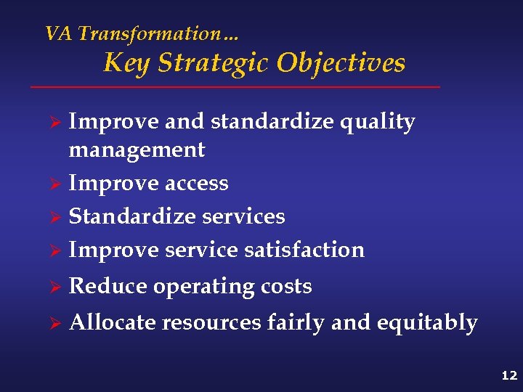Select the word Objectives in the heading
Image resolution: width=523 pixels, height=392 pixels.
[341, 62]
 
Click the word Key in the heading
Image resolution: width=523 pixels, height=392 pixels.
[126, 62]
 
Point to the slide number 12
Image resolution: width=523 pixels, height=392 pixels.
[508, 375]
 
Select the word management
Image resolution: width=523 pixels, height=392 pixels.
[137, 150]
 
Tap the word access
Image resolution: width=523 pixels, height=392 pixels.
[196, 184]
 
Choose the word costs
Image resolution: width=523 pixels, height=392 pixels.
[285, 287]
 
